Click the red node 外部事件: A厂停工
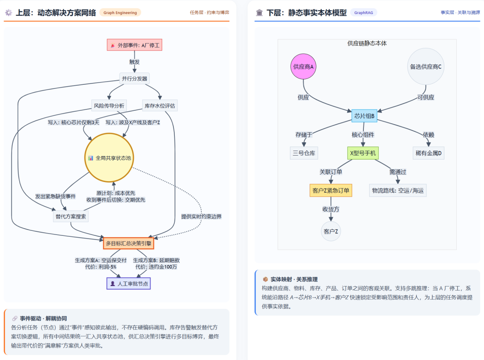click(134, 45)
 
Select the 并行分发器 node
click(134, 78)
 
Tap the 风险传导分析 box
click(109, 106)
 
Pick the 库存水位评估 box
click(160, 106)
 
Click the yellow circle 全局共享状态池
click(109, 158)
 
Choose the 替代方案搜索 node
click(71, 217)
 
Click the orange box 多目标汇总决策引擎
click(129, 243)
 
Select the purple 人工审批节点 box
click(129, 283)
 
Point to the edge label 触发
click(134, 62)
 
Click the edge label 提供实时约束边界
click(201, 217)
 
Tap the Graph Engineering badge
click(120, 13)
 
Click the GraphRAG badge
click(363, 13)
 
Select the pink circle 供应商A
click(303, 66)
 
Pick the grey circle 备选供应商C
click(426, 66)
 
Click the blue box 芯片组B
click(364, 116)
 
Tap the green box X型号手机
click(363, 153)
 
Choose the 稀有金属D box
click(428, 153)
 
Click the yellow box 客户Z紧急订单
click(331, 190)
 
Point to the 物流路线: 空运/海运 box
click(398, 190)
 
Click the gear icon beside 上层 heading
click(9, 13)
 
